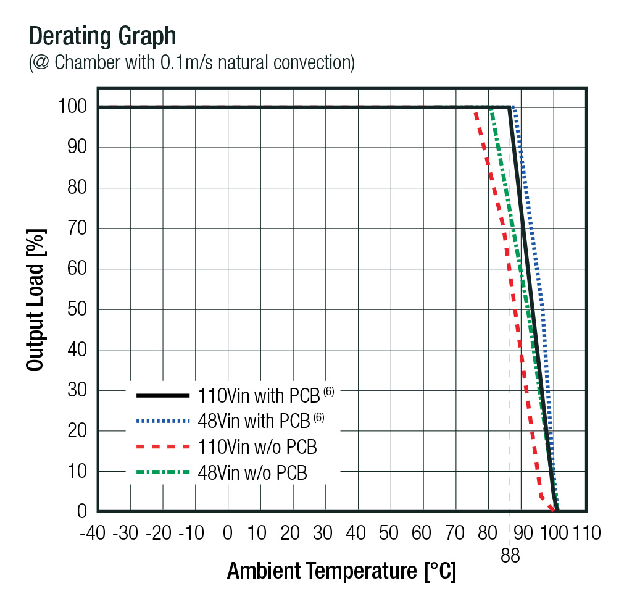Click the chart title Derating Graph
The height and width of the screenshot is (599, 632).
point(102,36)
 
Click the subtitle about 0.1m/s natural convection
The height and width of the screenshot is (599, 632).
point(191,63)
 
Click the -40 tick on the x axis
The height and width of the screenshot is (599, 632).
point(94,532)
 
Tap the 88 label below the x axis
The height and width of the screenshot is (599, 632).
point(510,556)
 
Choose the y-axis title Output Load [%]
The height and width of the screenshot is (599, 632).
point(36,300)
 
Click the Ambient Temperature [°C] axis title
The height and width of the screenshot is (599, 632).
point(341,571)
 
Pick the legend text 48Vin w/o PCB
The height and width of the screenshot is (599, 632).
point(252,473)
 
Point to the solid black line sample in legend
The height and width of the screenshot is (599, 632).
point(162,394)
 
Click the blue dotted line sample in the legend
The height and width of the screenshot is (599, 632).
point(162,421)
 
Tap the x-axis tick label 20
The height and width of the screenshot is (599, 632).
point(292,532)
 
